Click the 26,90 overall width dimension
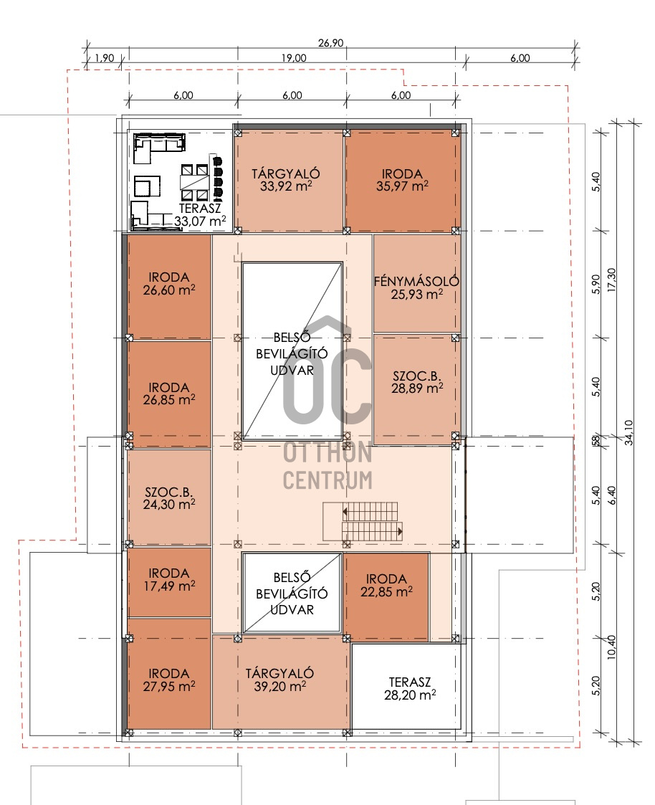point(330,43)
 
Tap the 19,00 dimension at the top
point(294,58)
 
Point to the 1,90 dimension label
point(105,58)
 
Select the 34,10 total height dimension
point(628,432)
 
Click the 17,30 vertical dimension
point(611,280)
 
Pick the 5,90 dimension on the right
point(596,284)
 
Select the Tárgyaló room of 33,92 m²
point(289,180)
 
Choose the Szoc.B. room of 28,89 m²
point(416,389)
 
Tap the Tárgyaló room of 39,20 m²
point(281,682)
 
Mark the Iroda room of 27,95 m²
point(169,674)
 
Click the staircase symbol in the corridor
point(363,522)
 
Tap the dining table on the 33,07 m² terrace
point(194,182)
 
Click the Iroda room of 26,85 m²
point(169,394)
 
